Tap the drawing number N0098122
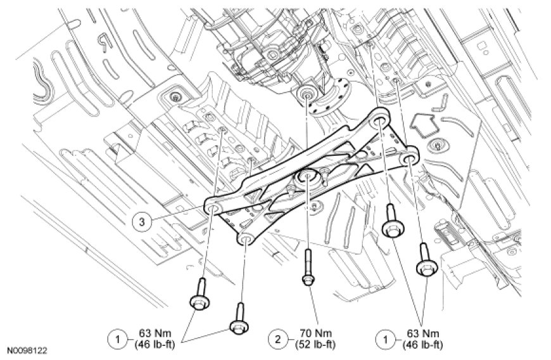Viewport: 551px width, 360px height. (27, 350)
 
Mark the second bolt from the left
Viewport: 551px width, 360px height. (238, 317)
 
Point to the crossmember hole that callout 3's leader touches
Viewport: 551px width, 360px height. (214, 208)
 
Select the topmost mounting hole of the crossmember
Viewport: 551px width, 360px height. (380, 119)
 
